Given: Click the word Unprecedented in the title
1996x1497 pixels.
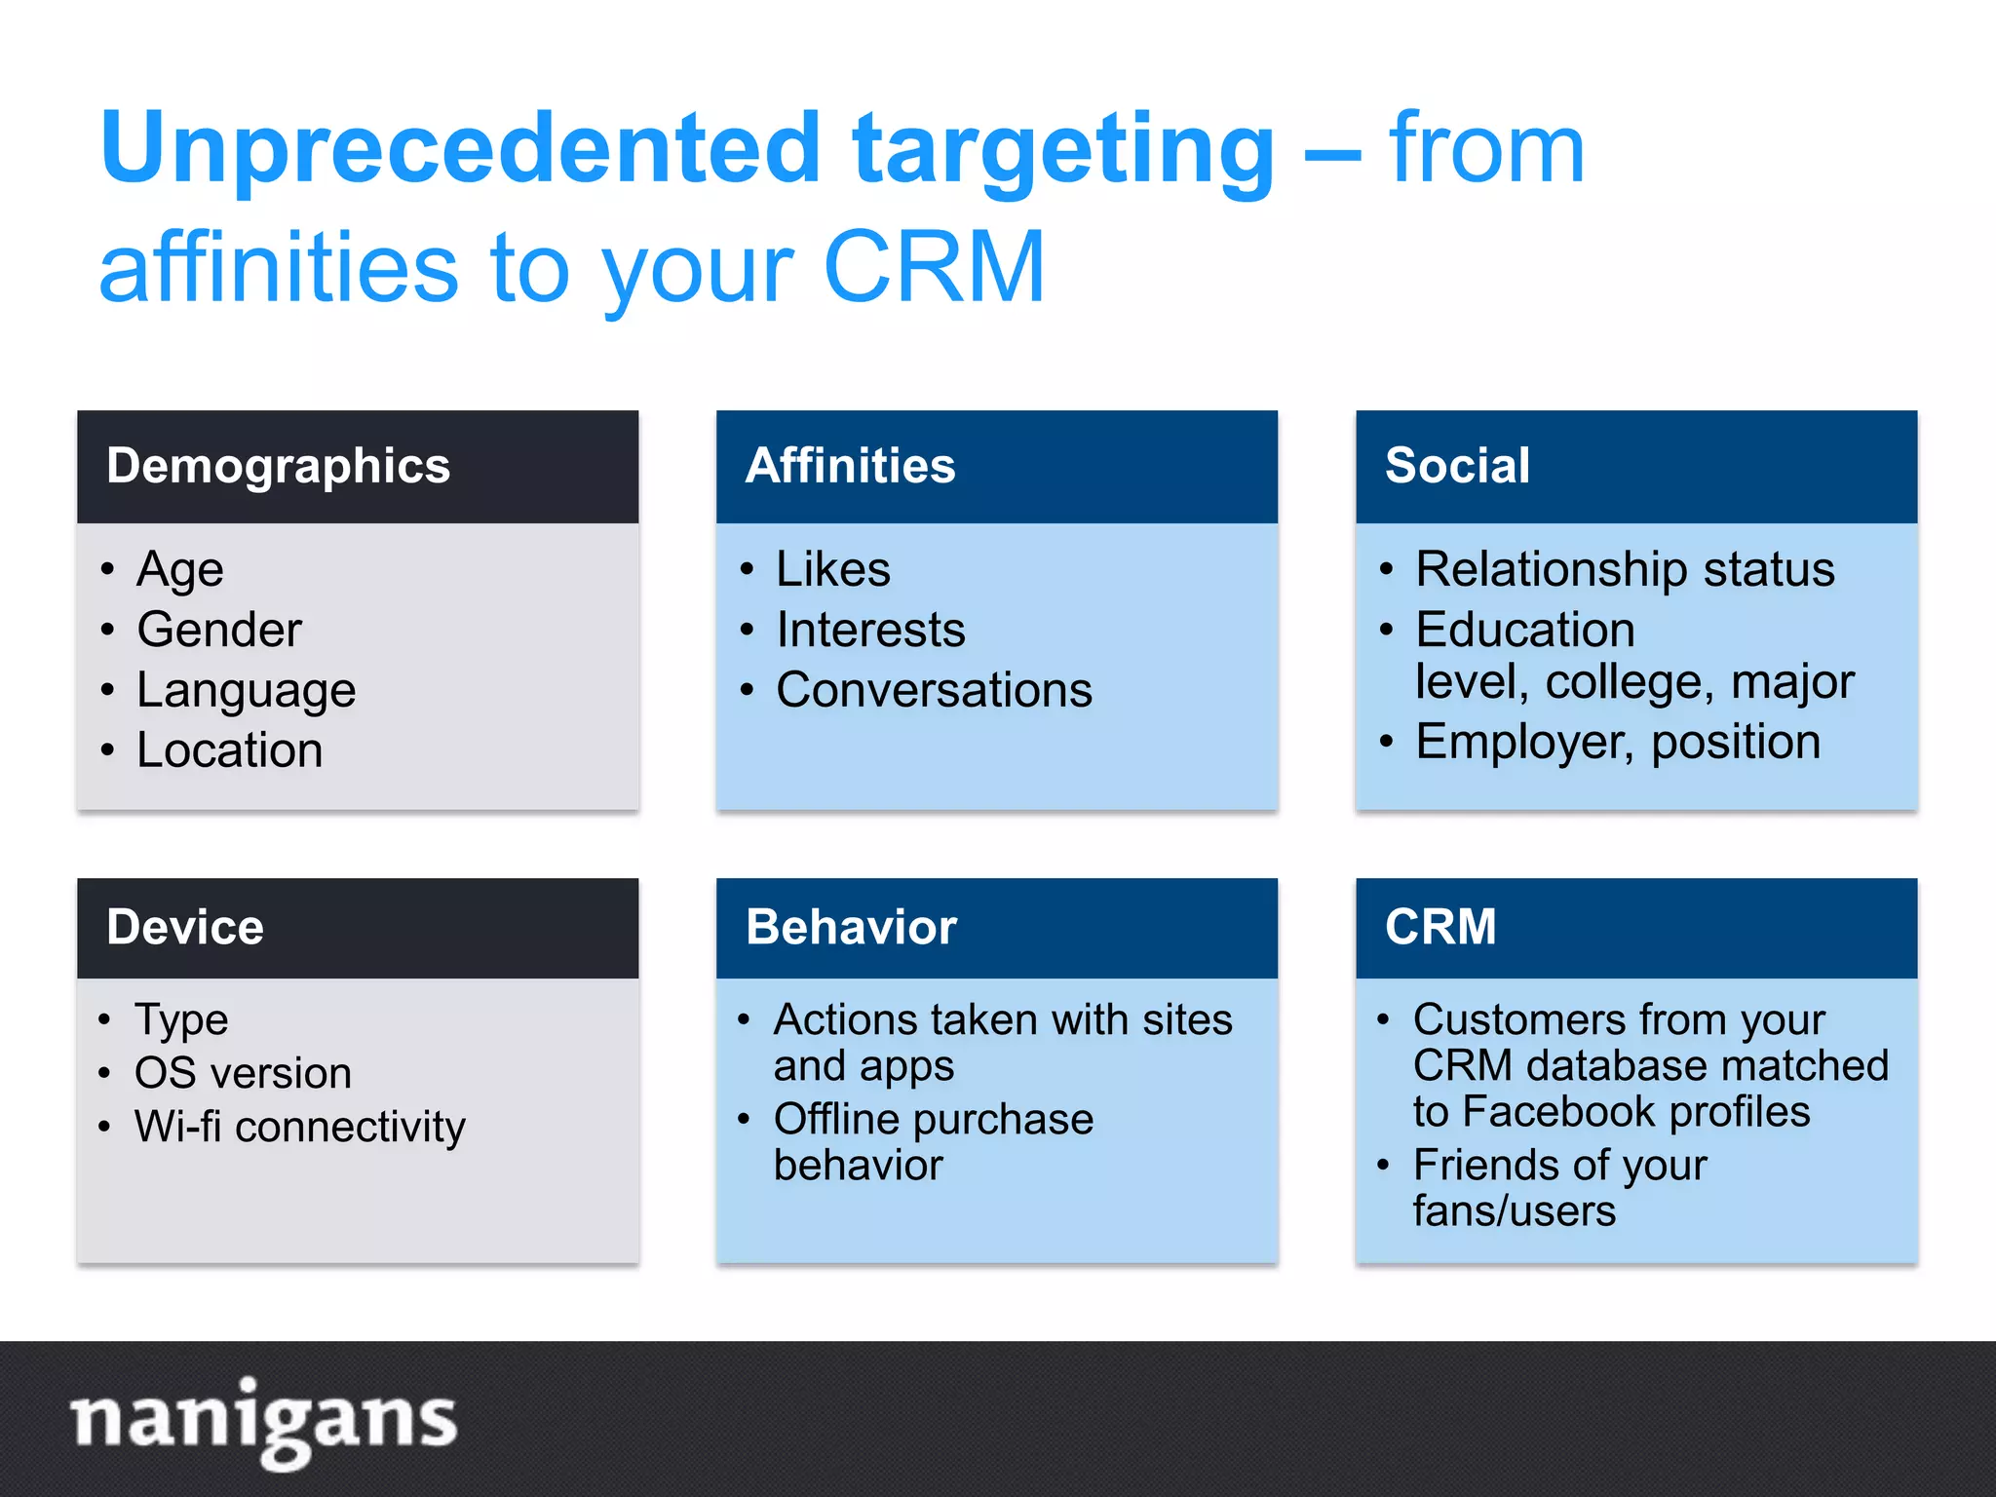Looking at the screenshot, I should pos(460,148).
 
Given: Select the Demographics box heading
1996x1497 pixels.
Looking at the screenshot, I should pos(279,466).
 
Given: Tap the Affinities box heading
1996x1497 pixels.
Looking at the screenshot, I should pos(850,466).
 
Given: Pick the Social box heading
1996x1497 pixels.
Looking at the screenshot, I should pos(1457,466).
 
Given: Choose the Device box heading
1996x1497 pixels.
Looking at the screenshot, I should pos(185,927).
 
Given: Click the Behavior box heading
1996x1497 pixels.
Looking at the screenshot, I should pos(851,927).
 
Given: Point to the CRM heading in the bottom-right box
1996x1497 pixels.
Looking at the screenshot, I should pos(1440,927).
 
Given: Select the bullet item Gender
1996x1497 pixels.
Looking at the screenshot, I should pos(219,630).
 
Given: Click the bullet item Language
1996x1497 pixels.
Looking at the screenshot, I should pos(246,690).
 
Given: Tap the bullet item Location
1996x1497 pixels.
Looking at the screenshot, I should pos(229,750).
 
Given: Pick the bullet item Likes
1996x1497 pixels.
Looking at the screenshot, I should pos(833,569).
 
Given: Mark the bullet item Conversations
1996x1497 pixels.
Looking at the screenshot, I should pos(934,690).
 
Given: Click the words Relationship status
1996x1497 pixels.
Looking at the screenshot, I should pos(1625,569).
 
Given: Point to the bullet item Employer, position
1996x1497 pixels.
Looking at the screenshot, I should pos(1618,742).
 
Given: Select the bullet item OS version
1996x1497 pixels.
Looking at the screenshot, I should pos(243,1073).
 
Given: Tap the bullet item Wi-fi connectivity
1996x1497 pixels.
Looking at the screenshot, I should pos(300,1127).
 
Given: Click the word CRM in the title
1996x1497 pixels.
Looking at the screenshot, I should pos(934,267).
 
